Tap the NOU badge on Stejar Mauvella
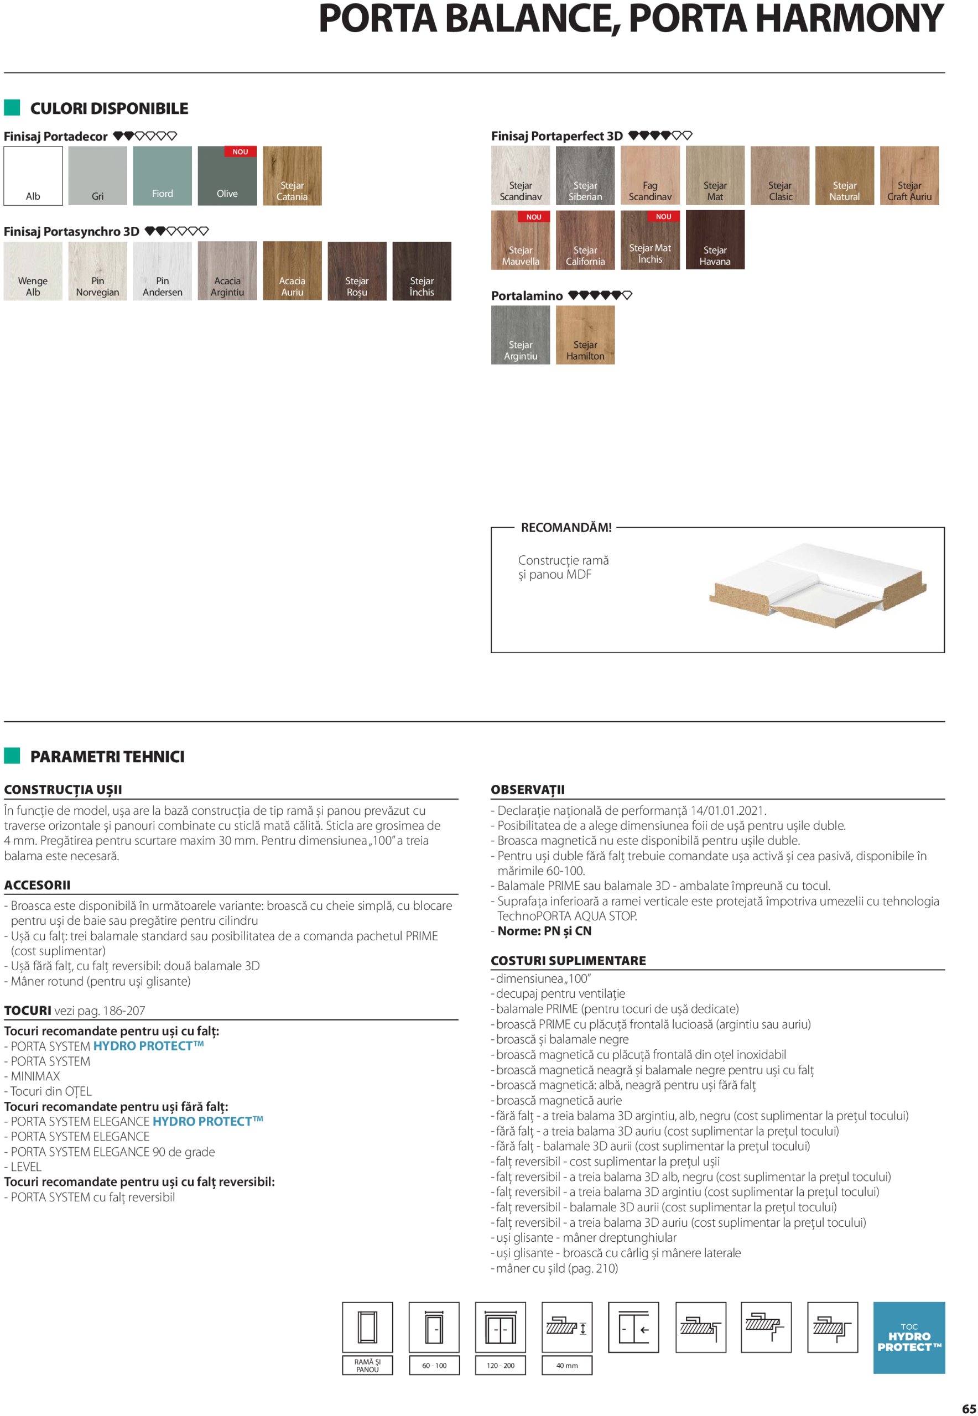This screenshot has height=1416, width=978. [x=534, y=217]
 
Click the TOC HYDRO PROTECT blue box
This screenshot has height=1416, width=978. [x=909, y=1337]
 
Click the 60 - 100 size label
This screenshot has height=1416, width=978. [x=434, y=1365]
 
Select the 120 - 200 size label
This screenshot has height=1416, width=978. [x=501, y=1365]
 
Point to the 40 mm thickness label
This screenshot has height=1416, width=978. [x=567, y=1365]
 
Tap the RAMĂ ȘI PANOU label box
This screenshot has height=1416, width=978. [x=367, y=1365]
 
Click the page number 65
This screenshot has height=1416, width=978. [x=968, y=1408]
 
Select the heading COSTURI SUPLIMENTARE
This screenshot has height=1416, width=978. [x=568, y=960]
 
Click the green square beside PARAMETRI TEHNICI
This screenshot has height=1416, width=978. [x=12, y=756]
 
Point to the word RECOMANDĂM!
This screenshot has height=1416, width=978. [x=565, y=528]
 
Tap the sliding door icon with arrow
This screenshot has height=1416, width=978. [x=633, y=1327]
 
